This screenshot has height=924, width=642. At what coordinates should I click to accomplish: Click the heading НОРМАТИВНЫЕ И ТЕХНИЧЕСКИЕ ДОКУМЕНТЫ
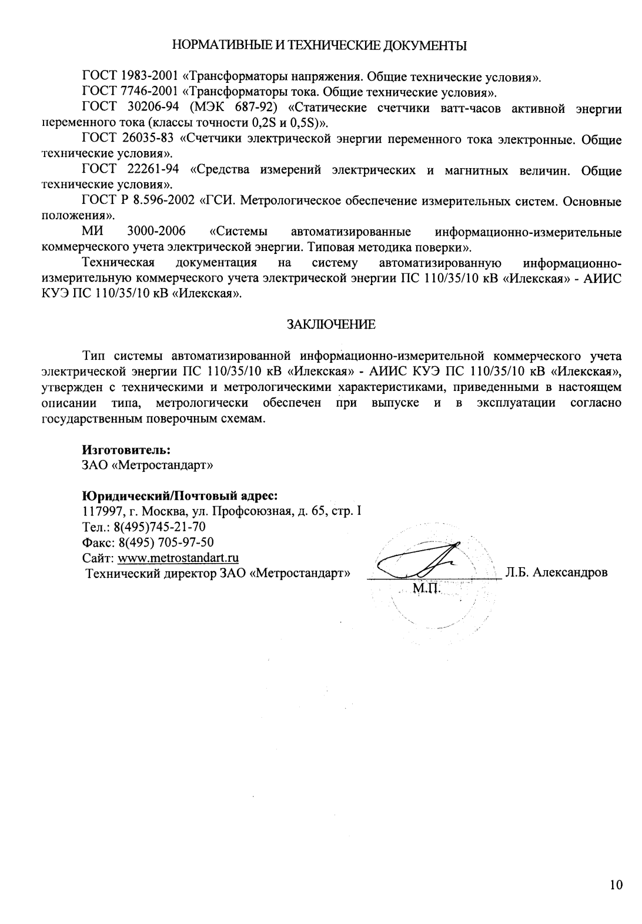click(x=320, y=45)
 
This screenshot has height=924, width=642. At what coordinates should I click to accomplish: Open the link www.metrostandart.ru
click(x=178, y=557)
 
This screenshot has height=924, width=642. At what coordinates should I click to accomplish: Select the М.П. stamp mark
click(x=426, y=588)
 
